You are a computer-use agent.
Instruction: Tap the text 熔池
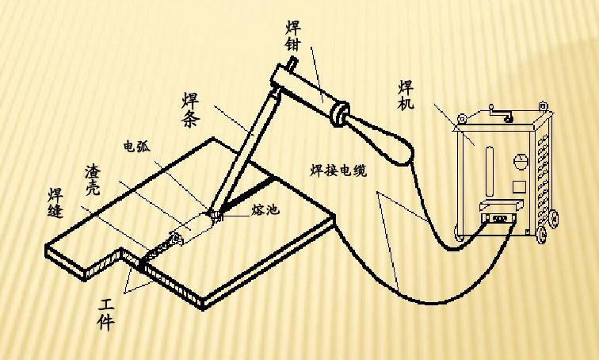point(264,209)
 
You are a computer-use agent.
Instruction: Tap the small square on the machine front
point(518,187)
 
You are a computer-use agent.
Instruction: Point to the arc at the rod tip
point(215,213)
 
